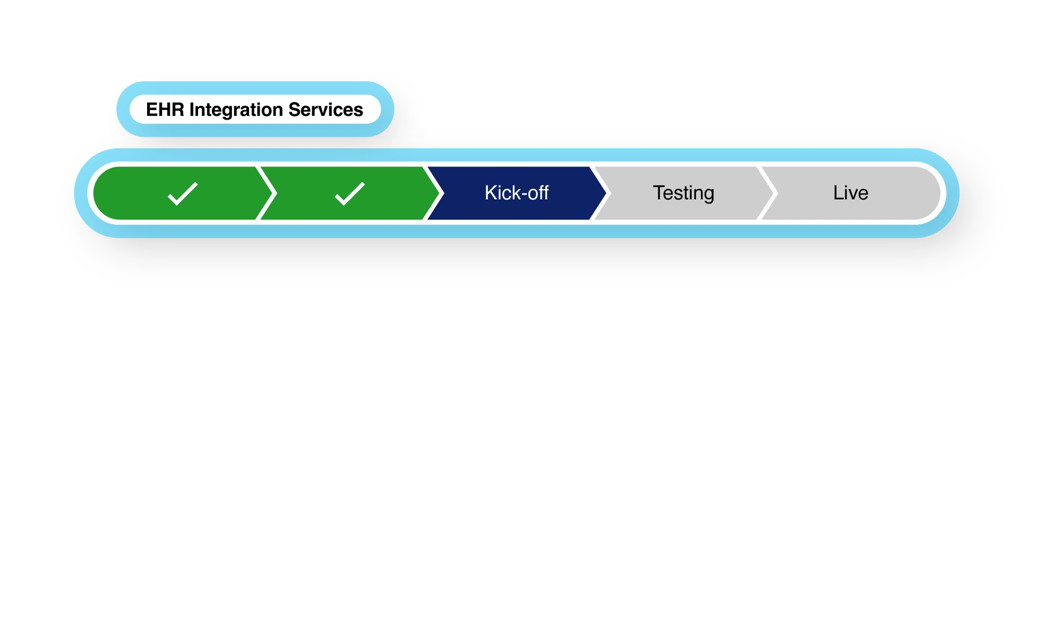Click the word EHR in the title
(165, 109)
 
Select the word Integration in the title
(236, 109)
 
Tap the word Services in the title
(326, 109)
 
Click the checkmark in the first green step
(183, 193)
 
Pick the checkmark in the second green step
(350, 193)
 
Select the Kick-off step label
(516, 193)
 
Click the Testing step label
(683, 193)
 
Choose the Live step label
(850, 193)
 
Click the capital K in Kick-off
(490, 193)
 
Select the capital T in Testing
(658, 192)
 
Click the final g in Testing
(708, 195)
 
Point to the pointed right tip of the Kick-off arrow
(605, 193)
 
